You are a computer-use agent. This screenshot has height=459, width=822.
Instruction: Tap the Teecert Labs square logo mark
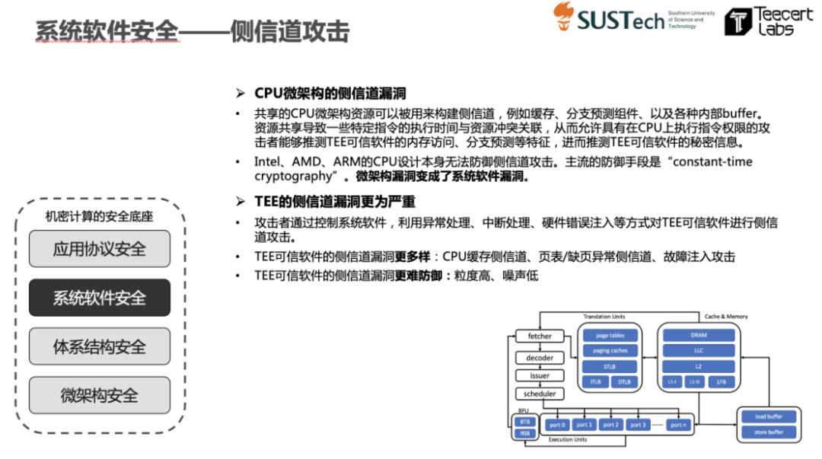(736, 22)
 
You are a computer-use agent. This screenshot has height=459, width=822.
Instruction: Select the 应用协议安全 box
(100, 249)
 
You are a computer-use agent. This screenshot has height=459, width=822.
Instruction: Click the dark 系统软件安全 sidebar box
(100, 298)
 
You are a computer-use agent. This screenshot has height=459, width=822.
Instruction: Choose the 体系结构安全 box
(100, 347)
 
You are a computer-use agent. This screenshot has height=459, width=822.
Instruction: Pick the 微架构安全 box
(100, 395)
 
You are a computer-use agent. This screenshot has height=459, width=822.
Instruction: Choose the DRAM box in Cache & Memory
(698, 336)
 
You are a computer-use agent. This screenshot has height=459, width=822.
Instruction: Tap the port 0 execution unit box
(557, 425)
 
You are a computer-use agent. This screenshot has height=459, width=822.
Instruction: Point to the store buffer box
(769, 432)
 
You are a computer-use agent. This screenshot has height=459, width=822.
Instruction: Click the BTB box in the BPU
(524, 421)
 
